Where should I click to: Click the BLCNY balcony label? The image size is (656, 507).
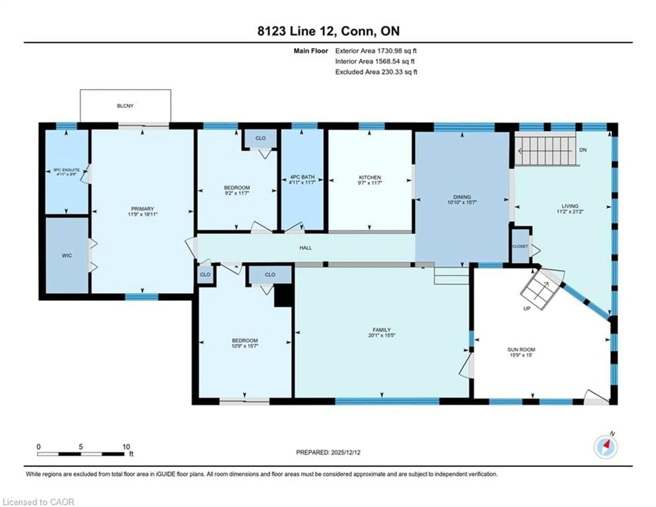125,106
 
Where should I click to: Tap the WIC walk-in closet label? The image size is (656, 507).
67,256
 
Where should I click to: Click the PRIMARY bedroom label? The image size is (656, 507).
142,209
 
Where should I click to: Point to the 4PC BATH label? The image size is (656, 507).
302,177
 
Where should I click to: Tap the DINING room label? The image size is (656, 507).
462,197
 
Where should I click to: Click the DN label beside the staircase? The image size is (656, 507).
583,150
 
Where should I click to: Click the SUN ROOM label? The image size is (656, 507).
521,349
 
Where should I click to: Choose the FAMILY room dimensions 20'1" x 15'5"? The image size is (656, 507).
381,335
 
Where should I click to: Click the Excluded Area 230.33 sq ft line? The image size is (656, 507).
376,72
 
